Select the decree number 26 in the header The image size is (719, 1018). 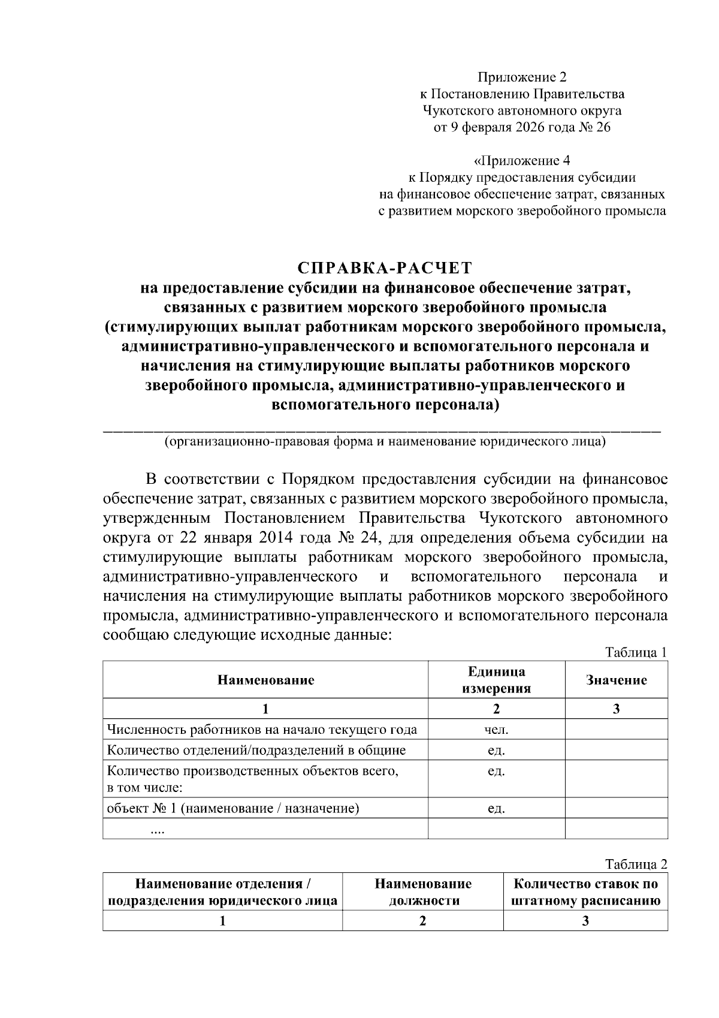point(603,127)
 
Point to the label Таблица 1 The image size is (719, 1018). point(636,652)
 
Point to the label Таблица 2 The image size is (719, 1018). point(636,864)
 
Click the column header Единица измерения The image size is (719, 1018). point(496,680)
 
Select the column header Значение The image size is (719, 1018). point(616,680)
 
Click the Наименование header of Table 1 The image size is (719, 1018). point(265,680)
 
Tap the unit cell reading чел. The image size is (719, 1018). point(496,730)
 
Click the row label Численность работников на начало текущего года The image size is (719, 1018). point(262,730)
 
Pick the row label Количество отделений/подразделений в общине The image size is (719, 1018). point(256,750)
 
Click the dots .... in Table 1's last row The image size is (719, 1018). point(158,830)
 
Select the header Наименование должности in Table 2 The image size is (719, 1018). point(423,892)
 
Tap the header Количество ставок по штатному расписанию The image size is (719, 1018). point(585,892)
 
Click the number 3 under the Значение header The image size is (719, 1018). point(616,709)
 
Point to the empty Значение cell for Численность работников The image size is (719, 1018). point(616,730)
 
